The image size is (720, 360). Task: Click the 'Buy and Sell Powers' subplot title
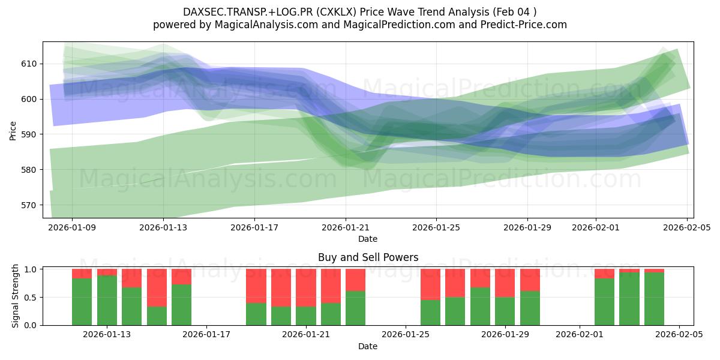click(368, 257)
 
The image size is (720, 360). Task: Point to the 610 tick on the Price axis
click(29, 64)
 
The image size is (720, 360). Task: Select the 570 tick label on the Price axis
click(29, 205)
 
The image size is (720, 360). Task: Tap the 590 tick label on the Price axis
click(29, 134)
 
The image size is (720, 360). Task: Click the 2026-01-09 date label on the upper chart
click(72, 227)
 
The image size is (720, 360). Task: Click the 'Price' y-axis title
click(13, 130)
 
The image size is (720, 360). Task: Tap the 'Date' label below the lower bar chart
click(368, 346)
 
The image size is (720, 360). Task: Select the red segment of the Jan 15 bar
click(157, 287)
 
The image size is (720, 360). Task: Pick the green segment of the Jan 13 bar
click(107, 300)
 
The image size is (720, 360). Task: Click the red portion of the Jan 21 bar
click(306, 287)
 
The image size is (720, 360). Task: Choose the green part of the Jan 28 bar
click(480, 306)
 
